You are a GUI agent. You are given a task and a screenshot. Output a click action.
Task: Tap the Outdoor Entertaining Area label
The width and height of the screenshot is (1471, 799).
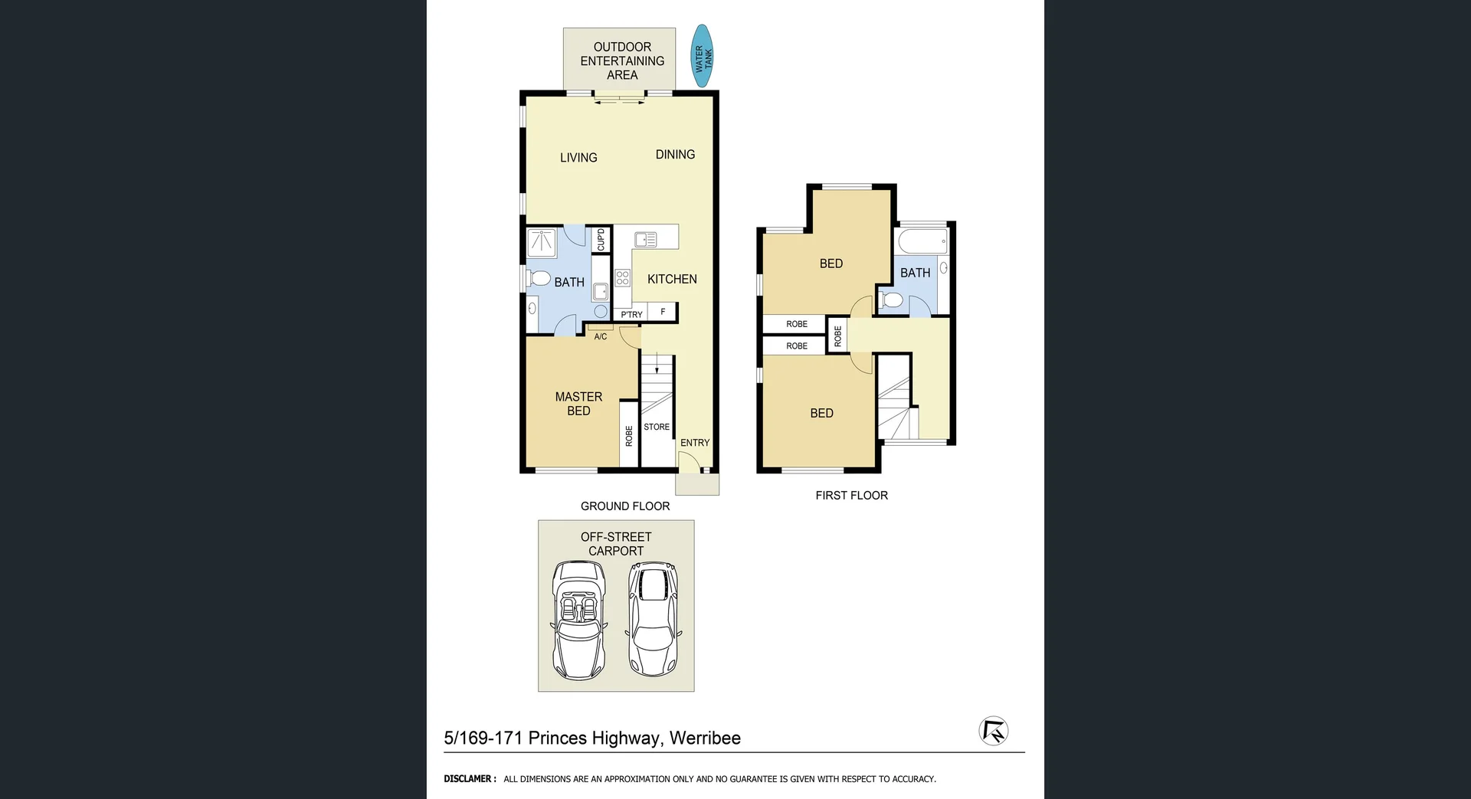pyautogui.click(x=622, y=61)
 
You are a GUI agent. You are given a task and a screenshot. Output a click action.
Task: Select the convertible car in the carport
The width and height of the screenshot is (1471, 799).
pyautogui.click(x=579, y=621)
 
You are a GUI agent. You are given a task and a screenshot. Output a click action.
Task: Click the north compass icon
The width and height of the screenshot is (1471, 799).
pyautogui.click(x=993, y=730)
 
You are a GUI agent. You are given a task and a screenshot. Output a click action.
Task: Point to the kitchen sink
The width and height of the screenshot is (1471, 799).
pyautogui.click(x=645, y=240)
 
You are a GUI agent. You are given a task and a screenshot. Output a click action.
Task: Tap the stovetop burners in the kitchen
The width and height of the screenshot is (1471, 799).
pyautogui.click(x=622, y=277)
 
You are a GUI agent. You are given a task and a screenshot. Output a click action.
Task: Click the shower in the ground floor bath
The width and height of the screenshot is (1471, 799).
pyautogui.click(x=542, y=243)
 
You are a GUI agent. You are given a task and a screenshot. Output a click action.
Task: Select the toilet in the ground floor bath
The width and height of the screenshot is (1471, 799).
pyautogui.click(x=539, y=277)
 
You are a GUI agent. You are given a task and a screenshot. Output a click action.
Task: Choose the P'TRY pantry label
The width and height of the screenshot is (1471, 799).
pyautogui.click(x=631, y=315)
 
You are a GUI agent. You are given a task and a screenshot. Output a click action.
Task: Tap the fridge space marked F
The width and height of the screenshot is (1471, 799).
pyautogui.click(x=663, y=312)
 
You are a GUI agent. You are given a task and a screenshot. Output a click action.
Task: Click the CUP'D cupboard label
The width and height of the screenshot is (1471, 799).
pyautogui.click(x=601, y=240)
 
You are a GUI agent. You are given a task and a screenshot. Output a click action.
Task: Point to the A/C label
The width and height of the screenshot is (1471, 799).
pyautogui.click(x=601, y=336)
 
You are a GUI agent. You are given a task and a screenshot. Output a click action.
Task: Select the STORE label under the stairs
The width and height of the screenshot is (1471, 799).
pyautogui.click(x=657, y=427)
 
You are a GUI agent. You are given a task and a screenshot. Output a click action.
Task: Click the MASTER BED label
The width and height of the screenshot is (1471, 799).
pyautogui.click(x=578, y=404)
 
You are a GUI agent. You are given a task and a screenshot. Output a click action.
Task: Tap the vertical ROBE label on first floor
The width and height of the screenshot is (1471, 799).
pyautogui.click(x=837, y=336)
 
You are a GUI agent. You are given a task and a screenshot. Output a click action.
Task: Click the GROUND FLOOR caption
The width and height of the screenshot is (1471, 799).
pyautogui.click(x=625, y=506)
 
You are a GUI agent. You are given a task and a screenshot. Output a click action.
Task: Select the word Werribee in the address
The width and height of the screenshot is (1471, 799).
pyautogui.click(x=705, y=738)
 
